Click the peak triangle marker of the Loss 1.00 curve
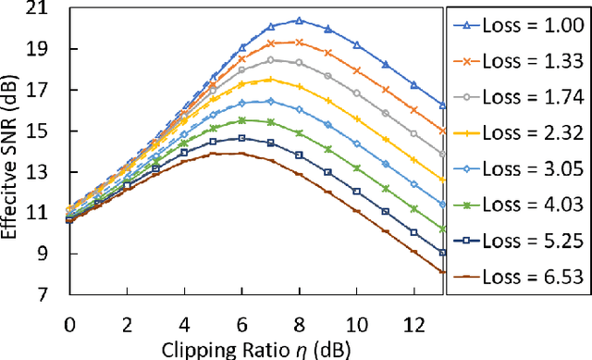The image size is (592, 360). tap(299, 20)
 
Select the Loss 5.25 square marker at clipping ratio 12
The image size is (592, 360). tap(413, 232)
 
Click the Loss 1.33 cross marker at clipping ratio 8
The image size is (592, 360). tap(299, 43)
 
